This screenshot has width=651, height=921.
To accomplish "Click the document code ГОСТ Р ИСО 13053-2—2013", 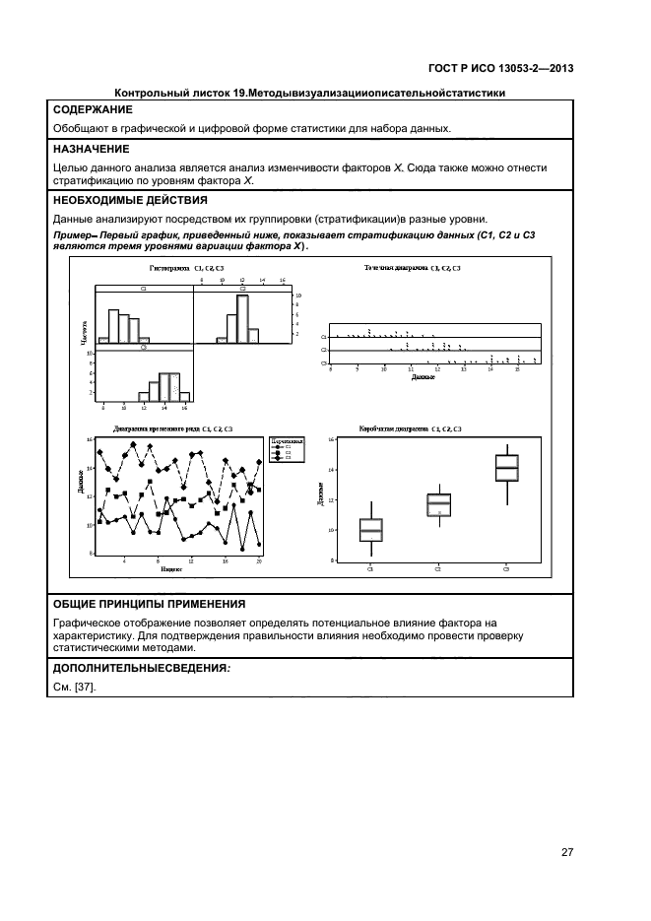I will (500, 68).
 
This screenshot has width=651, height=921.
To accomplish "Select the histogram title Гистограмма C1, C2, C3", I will (186, 268).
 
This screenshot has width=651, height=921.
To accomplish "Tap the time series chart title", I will (172, 429).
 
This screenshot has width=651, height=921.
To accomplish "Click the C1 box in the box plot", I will (371, 530).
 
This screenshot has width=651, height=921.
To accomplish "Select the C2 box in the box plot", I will (438, 504).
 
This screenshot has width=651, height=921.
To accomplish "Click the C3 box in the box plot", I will (506, 468).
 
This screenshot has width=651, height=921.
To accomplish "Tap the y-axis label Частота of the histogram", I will (83, 333).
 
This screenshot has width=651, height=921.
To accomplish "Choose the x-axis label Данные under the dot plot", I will (423, 376).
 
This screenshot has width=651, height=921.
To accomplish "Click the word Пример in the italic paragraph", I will (70, 237).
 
